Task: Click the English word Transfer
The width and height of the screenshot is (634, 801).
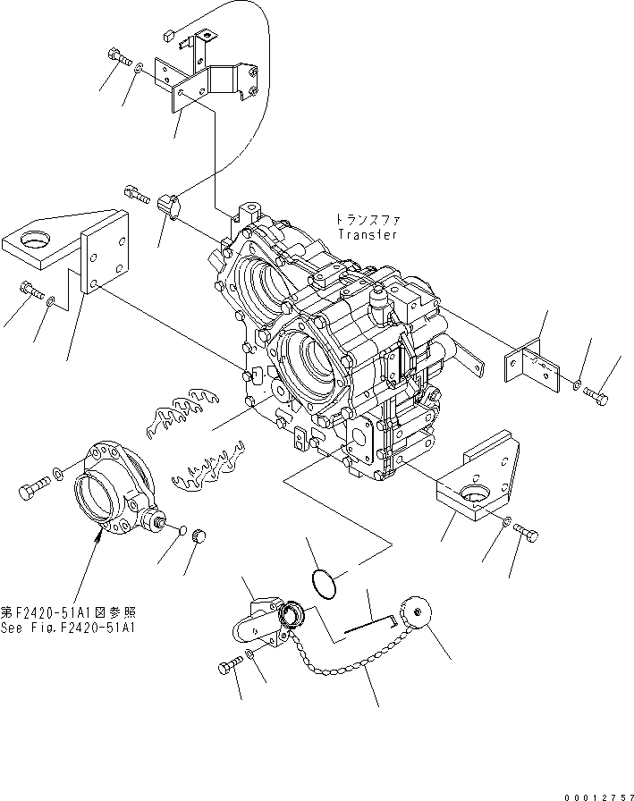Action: click(x=368, y=234)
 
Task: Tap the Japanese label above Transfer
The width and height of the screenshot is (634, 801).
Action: click(x=367, y=218)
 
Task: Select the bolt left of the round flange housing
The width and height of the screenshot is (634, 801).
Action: click(x=32, y=489)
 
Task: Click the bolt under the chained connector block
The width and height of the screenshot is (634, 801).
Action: click(x=230, y=666)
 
